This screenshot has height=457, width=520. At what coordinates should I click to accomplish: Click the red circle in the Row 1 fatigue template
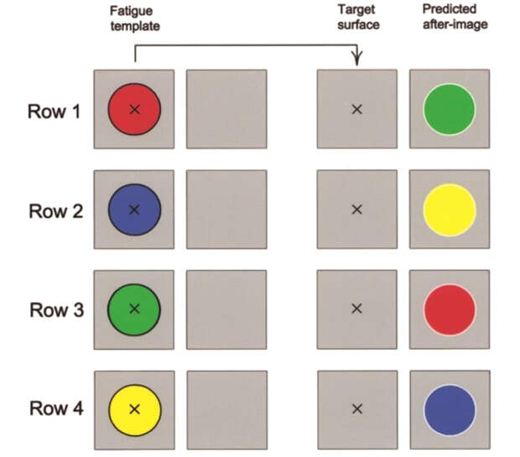(x=133, y=109)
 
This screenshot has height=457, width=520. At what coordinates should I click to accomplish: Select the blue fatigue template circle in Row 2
(x=133, y=210)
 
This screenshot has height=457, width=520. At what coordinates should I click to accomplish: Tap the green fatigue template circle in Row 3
(x=133, y=309)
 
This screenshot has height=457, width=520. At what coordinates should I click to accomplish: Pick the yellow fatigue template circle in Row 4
(x=133, y=409)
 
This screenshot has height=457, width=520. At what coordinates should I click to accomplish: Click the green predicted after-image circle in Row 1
(x=450, y=109)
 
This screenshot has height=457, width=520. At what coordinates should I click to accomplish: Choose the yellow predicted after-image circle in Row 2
(x=450, y=210)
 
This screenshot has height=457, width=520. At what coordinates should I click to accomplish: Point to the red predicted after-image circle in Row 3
(x=450, y=309)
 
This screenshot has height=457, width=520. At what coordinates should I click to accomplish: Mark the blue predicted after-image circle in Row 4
(x=450, y=409)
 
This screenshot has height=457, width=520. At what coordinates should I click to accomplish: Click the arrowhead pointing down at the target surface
(x=357, y=60)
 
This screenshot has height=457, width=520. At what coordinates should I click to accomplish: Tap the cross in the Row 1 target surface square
(x=356, y=109)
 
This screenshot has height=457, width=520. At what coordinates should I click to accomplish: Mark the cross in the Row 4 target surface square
(x=356, y=409)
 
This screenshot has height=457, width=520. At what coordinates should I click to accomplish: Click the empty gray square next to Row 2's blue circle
(x=226, y=210)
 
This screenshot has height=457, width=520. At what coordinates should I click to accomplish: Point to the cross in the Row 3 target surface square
(x=356, y=309)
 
